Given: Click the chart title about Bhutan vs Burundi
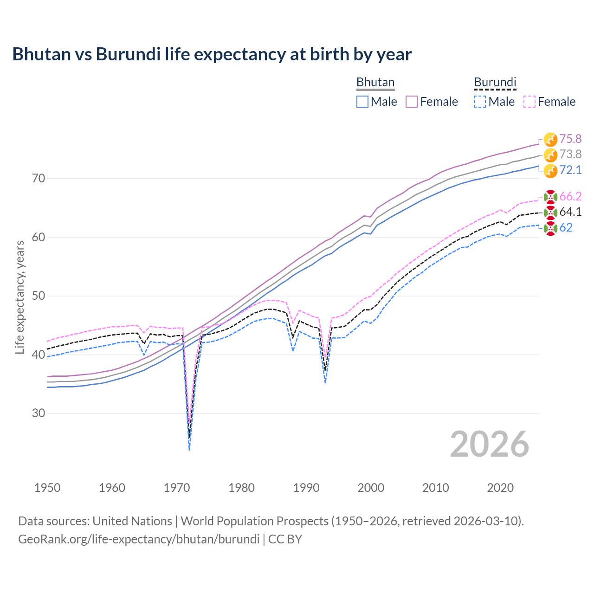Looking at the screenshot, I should [212, 54].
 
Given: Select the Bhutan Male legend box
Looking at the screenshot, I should [362, 102].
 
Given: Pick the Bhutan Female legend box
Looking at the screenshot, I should [412, 102].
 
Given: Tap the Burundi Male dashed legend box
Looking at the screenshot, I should [480, 102].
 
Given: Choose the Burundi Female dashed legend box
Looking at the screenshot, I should [529, 102].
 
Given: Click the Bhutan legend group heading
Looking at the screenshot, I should [375, 82].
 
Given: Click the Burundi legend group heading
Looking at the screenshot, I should [495, 82].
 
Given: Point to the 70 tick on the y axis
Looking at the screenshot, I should [39, 178].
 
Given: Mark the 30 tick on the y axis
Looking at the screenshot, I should [39, 413].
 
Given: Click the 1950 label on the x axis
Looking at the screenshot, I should [47, 488].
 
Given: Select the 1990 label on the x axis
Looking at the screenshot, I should [306, 488].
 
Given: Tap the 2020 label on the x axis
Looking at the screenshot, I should [500, 488].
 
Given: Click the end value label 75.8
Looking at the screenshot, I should [570, 139].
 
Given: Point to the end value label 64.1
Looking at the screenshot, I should [570, 212].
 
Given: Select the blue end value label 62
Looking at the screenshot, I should [566, 227].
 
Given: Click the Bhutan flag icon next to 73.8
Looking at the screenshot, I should [550, 155].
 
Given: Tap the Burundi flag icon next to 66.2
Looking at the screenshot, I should [550, 197].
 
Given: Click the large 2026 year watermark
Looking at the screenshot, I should [489, 444].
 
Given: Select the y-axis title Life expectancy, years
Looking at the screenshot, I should [20, 297].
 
